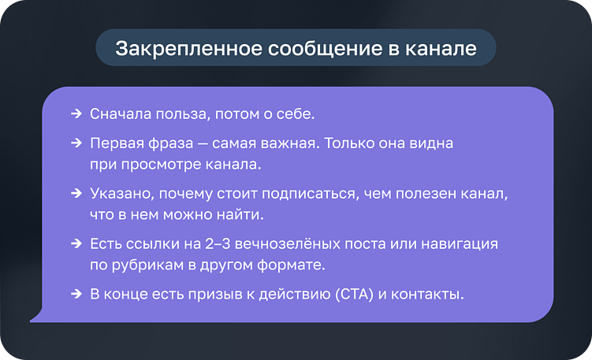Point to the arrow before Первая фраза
pyautogui.click(x=76, y=146)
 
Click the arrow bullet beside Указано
pyautogui.click(x=76, y=193)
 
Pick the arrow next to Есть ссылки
pyautogui.click(x=76, y=244)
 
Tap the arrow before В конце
pyautogui.click(x=76, y=295)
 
